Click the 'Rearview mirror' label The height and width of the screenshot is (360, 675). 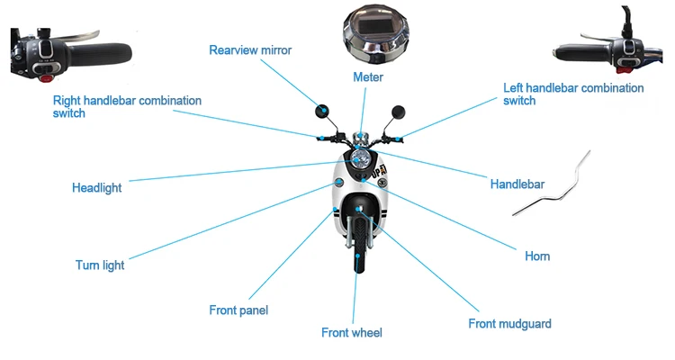pyautogui.click(x=250, y=49)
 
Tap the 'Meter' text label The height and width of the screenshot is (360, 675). pyautogui.click(x=367, y=77)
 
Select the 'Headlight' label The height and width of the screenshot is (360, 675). pyautogui.click(x=96, y=188)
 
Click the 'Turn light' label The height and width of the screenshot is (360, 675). pyautogui.click(x=100, y=265)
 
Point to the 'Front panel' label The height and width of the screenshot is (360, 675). pyautogui.click(x=238, y=310)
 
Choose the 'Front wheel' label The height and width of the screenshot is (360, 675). pyautogui.click(x=352, y=333)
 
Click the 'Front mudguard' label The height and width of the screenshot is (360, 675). pyautogui.click(x=509, y=323)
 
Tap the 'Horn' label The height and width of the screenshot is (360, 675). pyautogui.click(x=537, y=256)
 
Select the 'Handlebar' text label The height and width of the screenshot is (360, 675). pyautogui.click(x=517, y=184)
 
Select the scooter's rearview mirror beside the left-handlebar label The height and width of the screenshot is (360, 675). pyautogui.click(x=397, y=112)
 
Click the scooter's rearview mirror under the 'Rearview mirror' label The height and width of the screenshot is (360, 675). pyautogui.click(x=321, y=111)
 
